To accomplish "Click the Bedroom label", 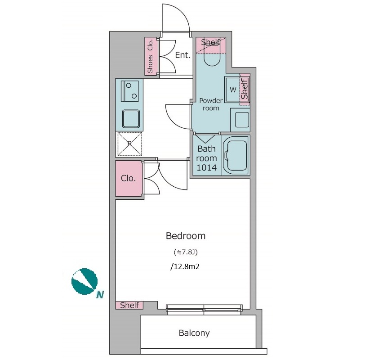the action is (x=186, y=236).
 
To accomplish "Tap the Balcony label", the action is (x=194, y=333).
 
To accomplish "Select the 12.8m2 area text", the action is (x=185, y=266).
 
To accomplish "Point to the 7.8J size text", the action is (x=186, y=252).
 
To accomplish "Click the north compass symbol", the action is (x=84, y=282).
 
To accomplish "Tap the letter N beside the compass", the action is (x=100, y=295).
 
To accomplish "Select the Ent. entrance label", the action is (x=183, y=55).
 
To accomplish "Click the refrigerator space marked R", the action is (x=129, y=144).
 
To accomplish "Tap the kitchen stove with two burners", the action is (x=129, y=91).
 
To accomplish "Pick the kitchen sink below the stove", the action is (x=131, y=119).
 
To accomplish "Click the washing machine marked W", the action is (x=233, y=90).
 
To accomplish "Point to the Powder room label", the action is (x=211, y=104).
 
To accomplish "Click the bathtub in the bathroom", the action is (x=236, y=155).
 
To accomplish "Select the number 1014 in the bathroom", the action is (x=207, y=167).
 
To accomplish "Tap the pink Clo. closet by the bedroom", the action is (x=129, y=179).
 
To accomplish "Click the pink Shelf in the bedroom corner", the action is (x=129, y=305).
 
